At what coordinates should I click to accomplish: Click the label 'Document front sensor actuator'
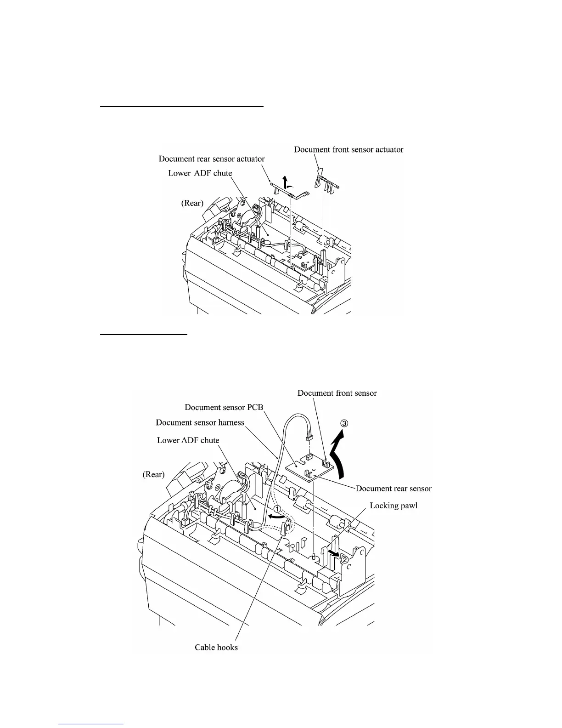click(x=348, y=149)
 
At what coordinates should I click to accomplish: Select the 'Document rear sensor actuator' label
click(x=212, y=159)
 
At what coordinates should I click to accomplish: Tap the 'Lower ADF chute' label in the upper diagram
click(x=200, y=173)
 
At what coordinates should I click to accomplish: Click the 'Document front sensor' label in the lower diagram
click(x=337, y=393)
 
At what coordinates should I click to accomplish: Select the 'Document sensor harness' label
click(x=200, y=422)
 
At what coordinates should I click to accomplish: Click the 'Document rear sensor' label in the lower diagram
click(x=393, y=488)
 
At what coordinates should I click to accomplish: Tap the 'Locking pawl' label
click(x=393, y=506)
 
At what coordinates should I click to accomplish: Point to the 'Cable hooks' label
click(x=216, y=648)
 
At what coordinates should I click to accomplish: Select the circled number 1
click(x=278, y=509)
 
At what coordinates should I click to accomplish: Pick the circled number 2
click(x=345, y=559)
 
